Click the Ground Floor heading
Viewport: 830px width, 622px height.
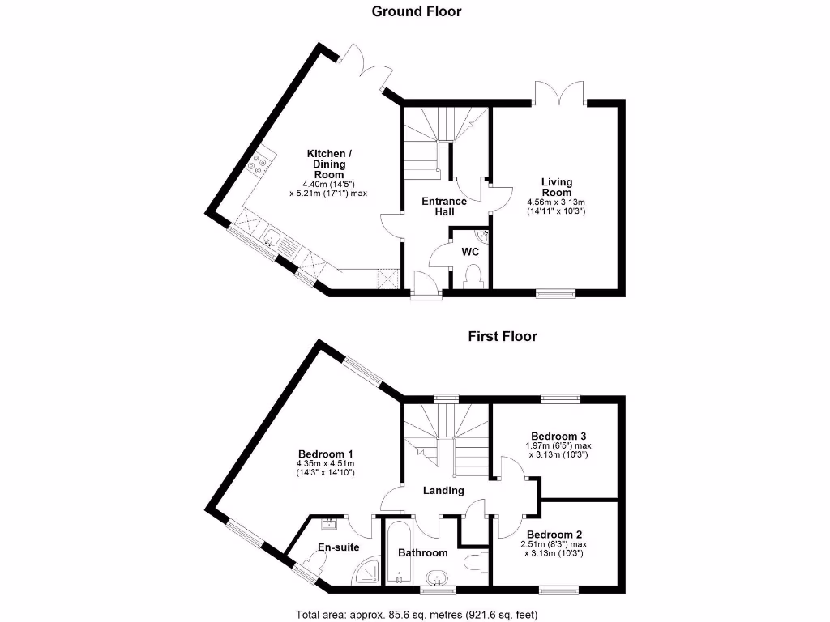click(x=416, y=11)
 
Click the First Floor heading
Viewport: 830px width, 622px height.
click(x=502, y=336)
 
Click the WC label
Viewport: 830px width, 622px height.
click(x=470, y=252)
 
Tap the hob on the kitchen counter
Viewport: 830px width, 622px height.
click(x=259, y=166)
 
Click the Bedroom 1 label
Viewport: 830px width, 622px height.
click(x=325, y=454)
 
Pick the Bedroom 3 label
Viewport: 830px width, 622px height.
click(x=558, y=436)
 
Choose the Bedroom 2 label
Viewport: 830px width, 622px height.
click(x=554, y=535)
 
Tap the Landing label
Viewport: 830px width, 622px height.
click(x=443, y=490)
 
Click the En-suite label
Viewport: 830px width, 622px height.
click(x=338, y=547)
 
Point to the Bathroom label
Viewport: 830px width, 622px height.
click(x=422, y=552)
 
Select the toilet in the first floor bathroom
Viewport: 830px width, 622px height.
click(x=473, y=560)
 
